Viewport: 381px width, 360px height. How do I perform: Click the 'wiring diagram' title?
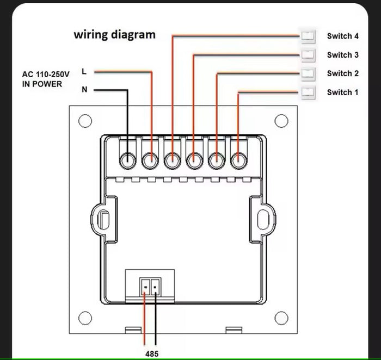(115, 35)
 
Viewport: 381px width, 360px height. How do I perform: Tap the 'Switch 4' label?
(342, 36)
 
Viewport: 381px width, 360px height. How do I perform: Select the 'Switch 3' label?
(342, 55)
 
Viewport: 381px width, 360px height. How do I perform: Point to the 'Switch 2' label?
(342, 73)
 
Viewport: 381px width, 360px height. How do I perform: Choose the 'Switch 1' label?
(342, 92)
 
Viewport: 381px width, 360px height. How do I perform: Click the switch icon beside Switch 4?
(308, 36)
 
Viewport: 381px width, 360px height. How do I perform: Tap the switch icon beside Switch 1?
(308, 92)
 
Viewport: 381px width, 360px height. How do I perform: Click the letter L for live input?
(84, 71)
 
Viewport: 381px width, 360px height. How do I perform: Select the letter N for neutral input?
(84, 90)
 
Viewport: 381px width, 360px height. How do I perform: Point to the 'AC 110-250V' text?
(46, 74)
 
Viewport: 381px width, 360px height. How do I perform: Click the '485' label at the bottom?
(152, 353)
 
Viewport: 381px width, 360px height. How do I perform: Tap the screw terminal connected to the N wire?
(128, 160)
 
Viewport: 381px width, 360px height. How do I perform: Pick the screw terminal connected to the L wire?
(150, 160)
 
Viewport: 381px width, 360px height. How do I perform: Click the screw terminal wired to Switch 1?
(238, 160)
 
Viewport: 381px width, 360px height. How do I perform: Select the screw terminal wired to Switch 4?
(172, 160)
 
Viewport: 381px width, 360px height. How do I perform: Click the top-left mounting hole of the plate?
(85, 121)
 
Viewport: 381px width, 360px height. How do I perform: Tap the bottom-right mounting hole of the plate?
(280, 317)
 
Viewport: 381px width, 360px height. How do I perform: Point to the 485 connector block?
(150, 284)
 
